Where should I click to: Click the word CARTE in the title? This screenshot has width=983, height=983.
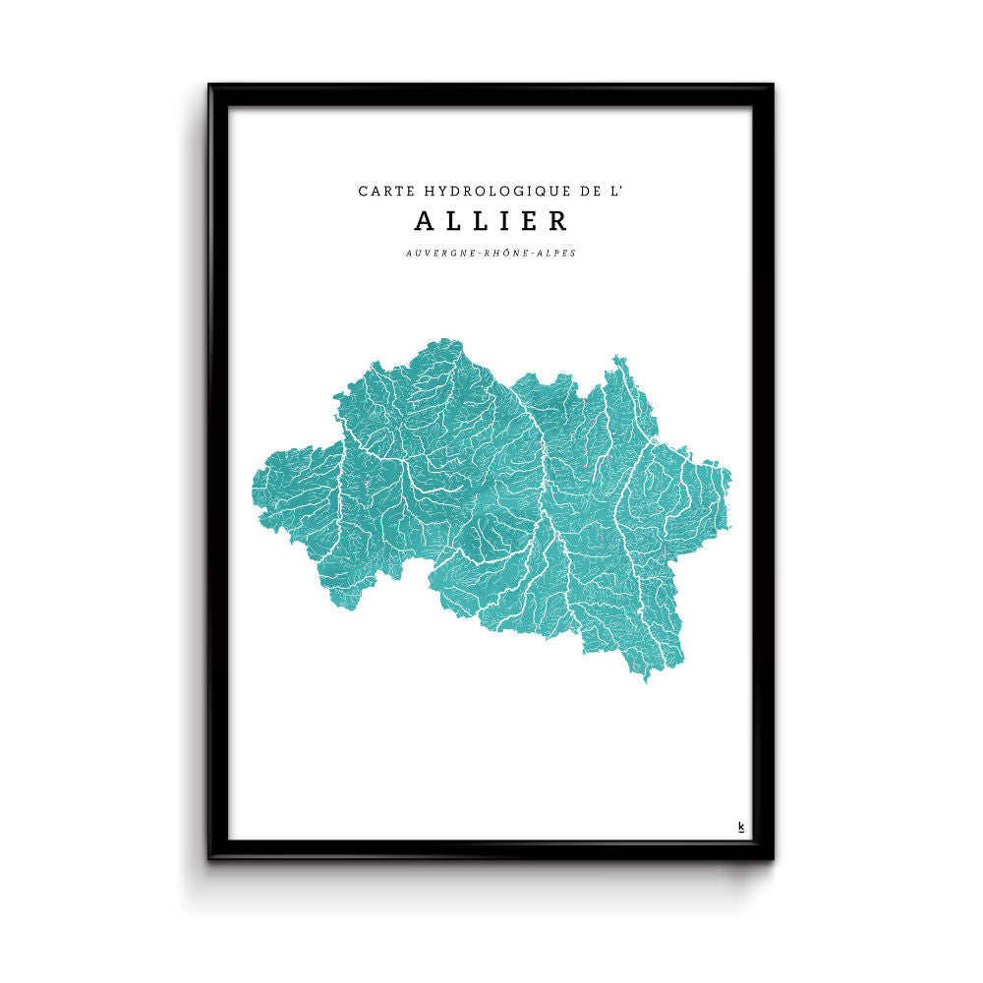point(383,191)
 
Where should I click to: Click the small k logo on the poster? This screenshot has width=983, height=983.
point(740,827)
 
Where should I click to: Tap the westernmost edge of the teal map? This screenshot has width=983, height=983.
point(254,491)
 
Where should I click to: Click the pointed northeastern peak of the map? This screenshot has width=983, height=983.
point(616,358)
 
